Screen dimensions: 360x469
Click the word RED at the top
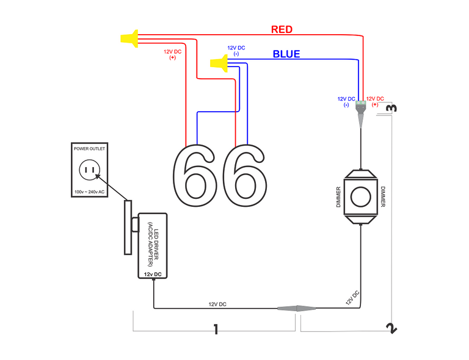pyautogui.click(x=282, y=29)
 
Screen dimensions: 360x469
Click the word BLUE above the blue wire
pyautogui.click(x=286, y=54)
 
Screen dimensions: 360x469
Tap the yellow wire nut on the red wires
pyautogui.click(x=129, y=39)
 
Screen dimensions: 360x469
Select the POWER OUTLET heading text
pyautogui.click(x=89, y=148)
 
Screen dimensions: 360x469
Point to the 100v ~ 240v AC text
pyautogui.click(x=89, y=192)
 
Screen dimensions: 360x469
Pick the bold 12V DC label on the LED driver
pyautogui.click(x=153, y=275)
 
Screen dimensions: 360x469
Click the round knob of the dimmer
pyautogui.click(x=362, y=196)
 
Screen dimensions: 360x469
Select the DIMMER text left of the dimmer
pyautogui.click(x=338, y=197)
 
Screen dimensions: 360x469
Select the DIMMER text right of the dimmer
pyautogui.click(x=384, y=197)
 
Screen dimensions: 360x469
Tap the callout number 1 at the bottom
pyautogui.click(x=216, y=329)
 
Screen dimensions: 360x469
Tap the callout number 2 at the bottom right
pyautogui.click(x=391, y=328)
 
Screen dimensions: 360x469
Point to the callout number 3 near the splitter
pyautogui.click(x=391, y=108)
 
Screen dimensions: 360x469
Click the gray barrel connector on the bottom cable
pyautogui.click(x=297, y=309)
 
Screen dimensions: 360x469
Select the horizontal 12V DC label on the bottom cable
pyautogui.click(x=217, y=304)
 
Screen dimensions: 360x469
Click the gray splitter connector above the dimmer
pyautogui.click(x=362, y=110)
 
